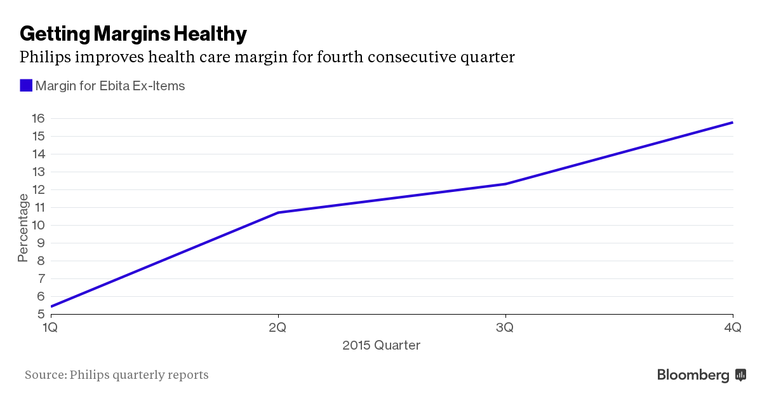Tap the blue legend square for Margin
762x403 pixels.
click(x=26, y=85)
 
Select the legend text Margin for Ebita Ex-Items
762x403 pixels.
click(x=110, y=86)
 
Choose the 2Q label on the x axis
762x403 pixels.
click(x=277, y=328)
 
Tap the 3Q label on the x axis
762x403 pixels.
click(x=505, y=328)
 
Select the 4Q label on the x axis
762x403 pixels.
click(x=733, y=328)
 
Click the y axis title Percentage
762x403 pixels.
click(x=23, y=228)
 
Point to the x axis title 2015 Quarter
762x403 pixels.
click(x=381, y=346)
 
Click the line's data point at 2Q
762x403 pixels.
click(x=278, y=212)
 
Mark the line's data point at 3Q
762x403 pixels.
click(x=505, y=184)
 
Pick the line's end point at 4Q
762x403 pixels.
click(x=733, y=122)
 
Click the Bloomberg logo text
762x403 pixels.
click(x=693, y=375)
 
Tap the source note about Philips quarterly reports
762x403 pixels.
click(x=116, y=375)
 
